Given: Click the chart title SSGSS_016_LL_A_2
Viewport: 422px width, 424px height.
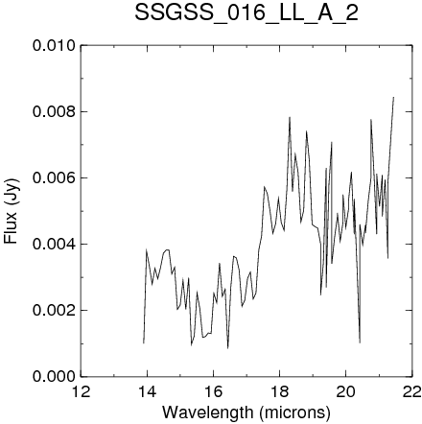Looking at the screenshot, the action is (x=246, y=14).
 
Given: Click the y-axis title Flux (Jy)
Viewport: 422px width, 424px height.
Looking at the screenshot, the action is (x=12, y=211).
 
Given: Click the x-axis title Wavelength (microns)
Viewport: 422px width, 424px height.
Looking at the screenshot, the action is (x=246, y=412).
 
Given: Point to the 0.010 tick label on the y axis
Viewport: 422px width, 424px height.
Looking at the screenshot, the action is (x=54, y=46).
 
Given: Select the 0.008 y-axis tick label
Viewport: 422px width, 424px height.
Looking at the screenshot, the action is (x=54, y=112).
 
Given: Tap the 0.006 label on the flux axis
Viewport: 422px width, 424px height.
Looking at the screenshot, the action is (x=54, y=178).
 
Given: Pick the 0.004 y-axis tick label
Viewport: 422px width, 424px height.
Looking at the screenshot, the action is (x=54, y=245).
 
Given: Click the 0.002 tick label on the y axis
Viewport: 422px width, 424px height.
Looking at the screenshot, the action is (x=54, y=311).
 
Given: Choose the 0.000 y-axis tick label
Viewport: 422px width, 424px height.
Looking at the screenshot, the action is (x=54, y=377).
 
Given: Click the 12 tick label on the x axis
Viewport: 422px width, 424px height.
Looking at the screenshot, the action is (x=81, y=392).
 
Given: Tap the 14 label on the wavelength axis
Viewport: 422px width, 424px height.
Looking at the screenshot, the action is (x=148, y=392).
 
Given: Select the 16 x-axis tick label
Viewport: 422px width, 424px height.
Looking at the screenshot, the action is (x=214, y=392).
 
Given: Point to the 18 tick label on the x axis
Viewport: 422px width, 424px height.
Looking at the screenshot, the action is (x=280, y=392).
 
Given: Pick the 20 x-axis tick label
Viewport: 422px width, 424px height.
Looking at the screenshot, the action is (x=346, y=392).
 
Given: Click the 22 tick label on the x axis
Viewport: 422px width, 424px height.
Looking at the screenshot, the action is (x=412, y=392).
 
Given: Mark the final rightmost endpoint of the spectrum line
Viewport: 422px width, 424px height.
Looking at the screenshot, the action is (x=393, y=97).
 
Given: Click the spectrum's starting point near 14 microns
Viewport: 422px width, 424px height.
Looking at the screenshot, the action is (x=144, y=343).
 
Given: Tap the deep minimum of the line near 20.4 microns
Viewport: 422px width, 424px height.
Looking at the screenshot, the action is (x=360, y=342).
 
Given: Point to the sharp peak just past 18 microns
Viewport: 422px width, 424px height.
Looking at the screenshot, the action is (x=290, y=117).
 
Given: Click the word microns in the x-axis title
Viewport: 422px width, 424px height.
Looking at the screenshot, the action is (x=294, y=412).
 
